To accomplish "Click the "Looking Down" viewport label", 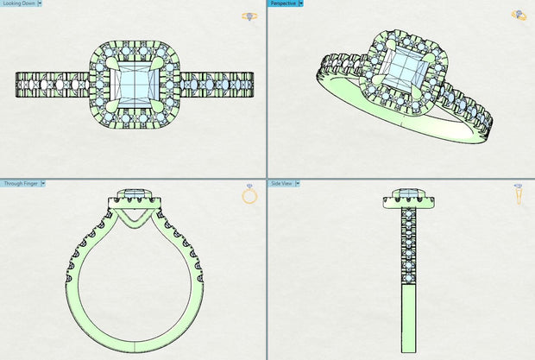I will point(16,3).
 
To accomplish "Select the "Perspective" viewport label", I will point(282,3).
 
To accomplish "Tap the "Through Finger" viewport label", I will point(18,183).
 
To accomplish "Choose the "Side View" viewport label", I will point(282,183).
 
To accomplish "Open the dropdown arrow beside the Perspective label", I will point(300,3).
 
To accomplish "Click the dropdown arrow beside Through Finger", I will point(43,183).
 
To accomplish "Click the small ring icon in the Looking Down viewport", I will point(249,16).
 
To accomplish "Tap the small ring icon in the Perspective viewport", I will point(519,15).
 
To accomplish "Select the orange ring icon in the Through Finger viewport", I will point(249,195).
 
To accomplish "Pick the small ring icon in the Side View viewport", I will point(518,194).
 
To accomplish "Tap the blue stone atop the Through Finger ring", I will point(134,192).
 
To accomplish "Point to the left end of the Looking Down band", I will point(19,85).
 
